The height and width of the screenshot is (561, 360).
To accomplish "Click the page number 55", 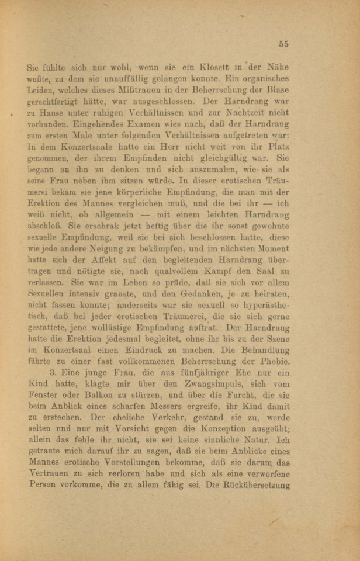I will pyautogui.click(x=284, y=43).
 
